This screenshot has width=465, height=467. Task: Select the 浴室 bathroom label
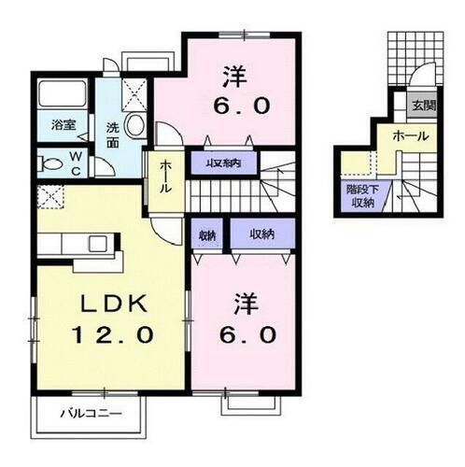(x=63, y=122)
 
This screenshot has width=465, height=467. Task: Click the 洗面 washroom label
(x=112, y=135)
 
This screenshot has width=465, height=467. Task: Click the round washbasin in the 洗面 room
(x=134, y=125)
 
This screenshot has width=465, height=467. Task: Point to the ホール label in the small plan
(x=411, y=136)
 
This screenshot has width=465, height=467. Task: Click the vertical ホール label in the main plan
(x=165, y=175)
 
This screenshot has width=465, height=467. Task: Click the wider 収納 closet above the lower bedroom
(x=261, y=233)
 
